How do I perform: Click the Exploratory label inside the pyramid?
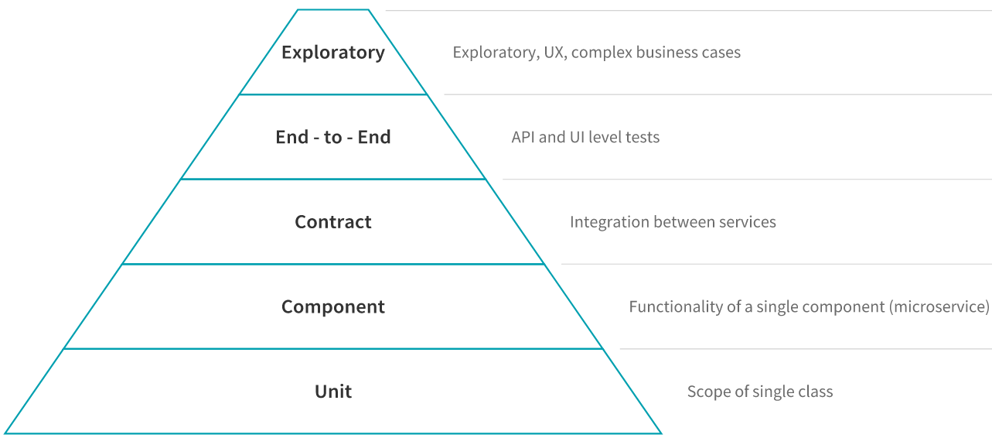pos(333,53)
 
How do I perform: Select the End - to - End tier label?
pos(333,137)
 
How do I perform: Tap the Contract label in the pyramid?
pos(333,221)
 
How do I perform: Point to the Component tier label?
pos(333,306)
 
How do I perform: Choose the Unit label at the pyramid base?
pos(333,392)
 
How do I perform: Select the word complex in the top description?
pos(602,53)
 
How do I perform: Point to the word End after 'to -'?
pos(374,137)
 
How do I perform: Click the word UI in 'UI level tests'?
pos(577,137)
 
